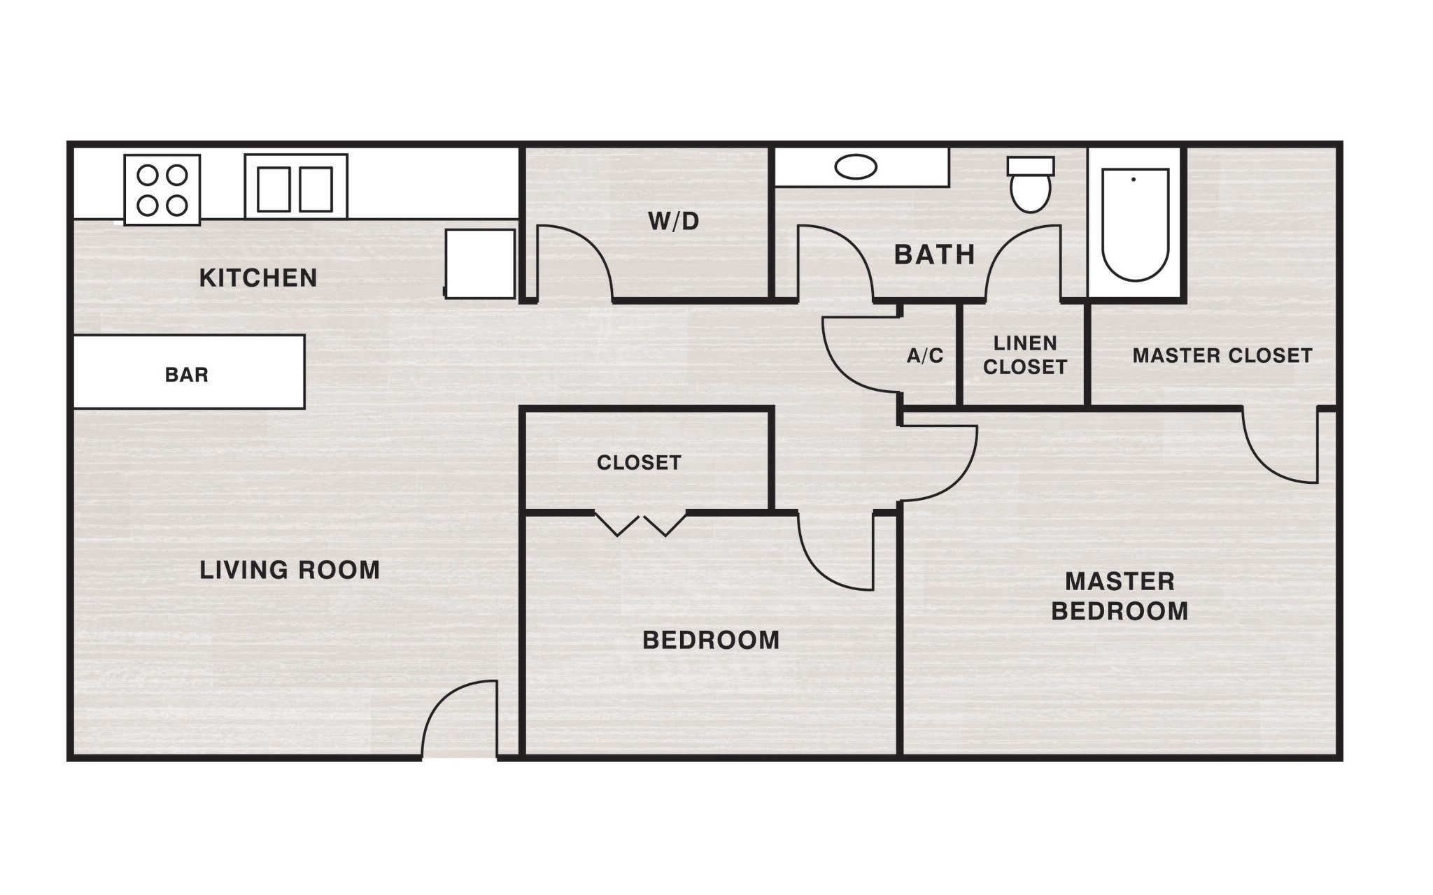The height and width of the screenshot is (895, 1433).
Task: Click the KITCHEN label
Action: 257,278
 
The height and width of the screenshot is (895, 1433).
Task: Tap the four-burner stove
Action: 162,189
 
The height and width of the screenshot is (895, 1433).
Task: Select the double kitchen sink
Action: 295,188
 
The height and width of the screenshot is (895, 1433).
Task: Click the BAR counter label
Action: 187,375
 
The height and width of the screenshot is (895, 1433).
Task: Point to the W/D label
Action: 673,222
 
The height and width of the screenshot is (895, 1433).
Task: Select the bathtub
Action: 1135,224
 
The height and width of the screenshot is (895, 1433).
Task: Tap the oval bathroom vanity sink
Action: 855,167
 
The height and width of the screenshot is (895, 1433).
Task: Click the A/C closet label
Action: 925,356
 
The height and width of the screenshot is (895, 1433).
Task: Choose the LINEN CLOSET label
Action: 1025,355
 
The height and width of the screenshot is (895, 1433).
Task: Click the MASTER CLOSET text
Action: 1222,355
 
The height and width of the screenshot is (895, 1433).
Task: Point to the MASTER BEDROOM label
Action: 1120,596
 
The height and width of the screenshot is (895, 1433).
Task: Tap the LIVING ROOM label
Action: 290,570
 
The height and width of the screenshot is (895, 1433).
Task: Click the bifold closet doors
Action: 640,524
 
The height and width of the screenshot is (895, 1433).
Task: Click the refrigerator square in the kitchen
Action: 480,264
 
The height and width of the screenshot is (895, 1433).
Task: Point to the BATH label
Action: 934,255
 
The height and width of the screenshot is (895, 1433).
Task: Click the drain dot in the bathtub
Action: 1134,180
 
